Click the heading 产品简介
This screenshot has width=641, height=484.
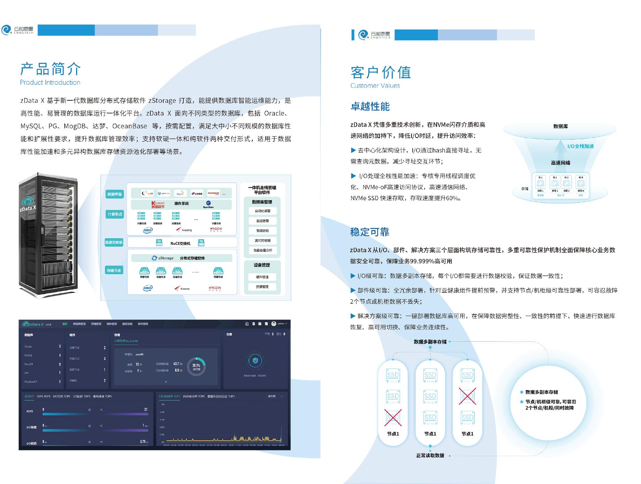click(x=50, y=69)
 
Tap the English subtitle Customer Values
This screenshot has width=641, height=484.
click(x=375, y=86)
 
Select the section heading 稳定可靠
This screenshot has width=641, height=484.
click(x=370, y=232)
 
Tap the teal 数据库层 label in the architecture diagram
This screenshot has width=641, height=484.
click(x=114, y=194)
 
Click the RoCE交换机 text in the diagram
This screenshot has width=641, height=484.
click(x=180, y=243)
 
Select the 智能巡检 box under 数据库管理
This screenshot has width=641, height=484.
click(x=262, y=231)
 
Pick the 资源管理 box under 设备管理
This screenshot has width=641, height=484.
click(x=262, y=287)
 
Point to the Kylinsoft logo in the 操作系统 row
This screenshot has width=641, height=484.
click(x=158, y=204)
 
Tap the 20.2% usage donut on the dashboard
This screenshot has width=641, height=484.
click(x=196, y=367)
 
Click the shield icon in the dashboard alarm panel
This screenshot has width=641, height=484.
click(x=255, y=361)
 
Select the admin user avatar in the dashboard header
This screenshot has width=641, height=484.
click(x=273, y=324)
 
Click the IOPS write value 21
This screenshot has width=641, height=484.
click(x=146, y=409)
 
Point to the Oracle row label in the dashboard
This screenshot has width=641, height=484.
click(x=28, y=346)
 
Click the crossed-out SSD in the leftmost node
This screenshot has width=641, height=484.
click(x=393, y=417)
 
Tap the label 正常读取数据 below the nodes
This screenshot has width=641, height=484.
click(x=430, y=456)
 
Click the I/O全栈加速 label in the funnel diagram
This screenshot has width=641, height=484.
click(x=580, y=146)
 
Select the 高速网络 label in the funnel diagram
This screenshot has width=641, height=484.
click(x=560, y=163)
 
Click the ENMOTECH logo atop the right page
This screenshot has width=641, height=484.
click(x=374, y=34)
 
